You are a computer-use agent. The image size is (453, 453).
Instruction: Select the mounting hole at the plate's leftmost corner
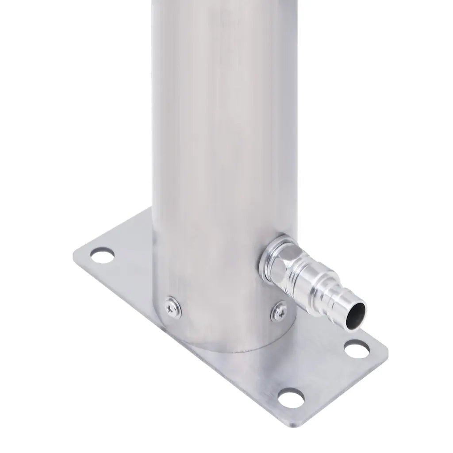click(102, 255)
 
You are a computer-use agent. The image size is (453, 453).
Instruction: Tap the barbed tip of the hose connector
click(349, 310)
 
